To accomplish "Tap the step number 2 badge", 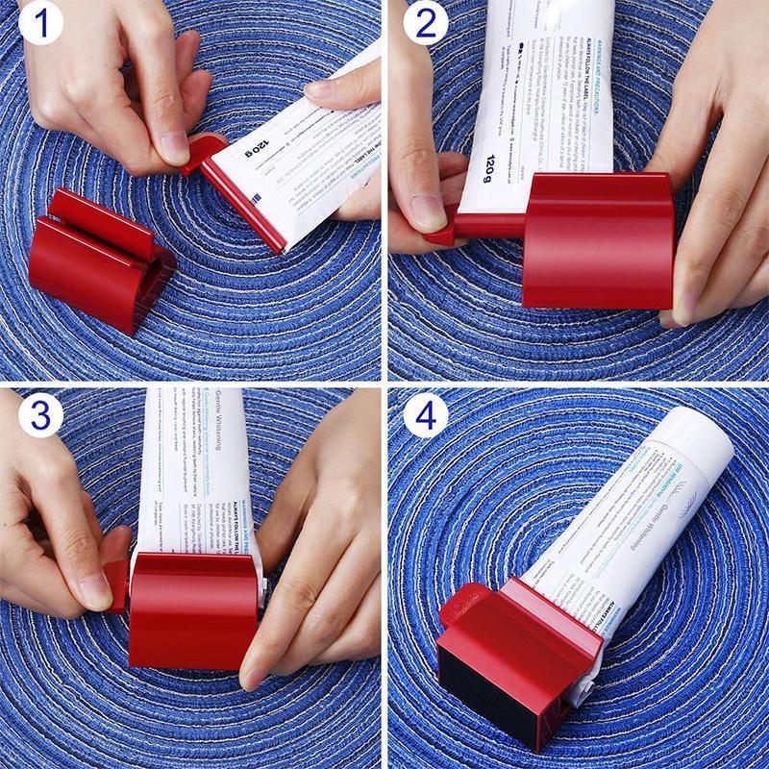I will (424, 26).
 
